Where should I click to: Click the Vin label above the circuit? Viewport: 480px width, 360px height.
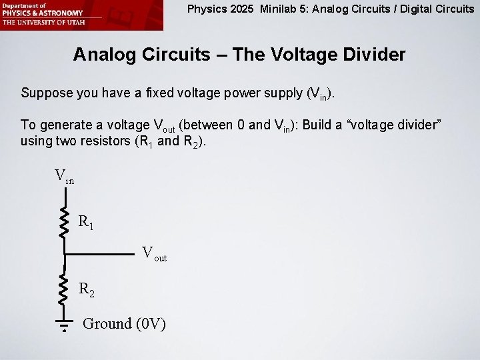(x=64, y=177)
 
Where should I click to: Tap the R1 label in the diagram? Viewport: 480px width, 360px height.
(x=86, y=221)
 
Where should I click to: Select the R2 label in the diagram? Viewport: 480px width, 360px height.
(x=86, y=289)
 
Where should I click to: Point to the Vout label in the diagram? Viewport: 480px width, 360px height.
(x=154, y=253)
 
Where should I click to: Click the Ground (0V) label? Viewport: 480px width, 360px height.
(x=124, y=324)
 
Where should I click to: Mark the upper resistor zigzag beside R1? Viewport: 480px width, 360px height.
(x=65, y=221)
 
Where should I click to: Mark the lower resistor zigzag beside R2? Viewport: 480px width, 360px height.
(x=65, y=288)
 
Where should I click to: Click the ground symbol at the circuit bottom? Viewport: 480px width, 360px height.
(x=65, y=325)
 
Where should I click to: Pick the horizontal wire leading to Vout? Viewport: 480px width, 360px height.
(x=100, y=254)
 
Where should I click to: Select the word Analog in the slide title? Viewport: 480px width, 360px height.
(x=103, y=55)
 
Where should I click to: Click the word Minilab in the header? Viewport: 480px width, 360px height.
(x=280, y=9)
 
